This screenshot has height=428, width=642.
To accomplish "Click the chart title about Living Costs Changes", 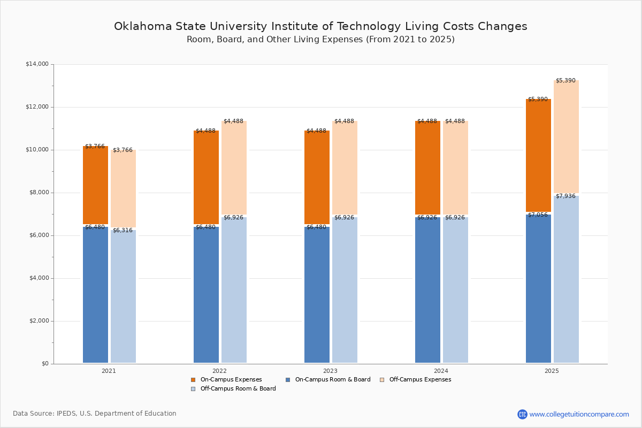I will [320, 26].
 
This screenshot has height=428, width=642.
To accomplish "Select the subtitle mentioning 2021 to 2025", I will [320, 40].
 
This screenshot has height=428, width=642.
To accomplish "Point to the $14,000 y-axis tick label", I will [37, 64].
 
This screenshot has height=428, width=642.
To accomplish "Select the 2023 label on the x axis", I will [330, 371].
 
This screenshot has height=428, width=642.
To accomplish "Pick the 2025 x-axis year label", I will [552, 371].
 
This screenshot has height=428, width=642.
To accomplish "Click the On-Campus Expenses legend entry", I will [231, 380].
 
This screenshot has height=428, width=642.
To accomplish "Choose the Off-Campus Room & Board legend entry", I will [238, 389].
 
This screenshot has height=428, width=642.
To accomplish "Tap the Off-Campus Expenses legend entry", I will [419, 380].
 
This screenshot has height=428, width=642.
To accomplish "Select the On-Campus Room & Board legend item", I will [332, 380].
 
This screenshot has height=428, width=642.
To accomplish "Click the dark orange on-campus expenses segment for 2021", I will [95, 185].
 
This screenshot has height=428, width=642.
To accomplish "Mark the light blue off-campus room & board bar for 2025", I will [566, 278].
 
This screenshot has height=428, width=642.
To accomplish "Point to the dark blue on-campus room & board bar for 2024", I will [427, 289].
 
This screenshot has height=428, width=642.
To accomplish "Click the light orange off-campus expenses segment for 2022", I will [234, 169].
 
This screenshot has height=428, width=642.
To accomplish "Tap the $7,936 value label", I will [565, 196].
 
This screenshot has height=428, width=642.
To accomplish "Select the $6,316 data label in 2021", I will [123, 231].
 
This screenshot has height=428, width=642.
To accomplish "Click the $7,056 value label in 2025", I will [538, 215].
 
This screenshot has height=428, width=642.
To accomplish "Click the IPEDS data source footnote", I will [95, 414].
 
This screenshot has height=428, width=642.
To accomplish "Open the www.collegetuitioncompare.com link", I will [579, 414].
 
